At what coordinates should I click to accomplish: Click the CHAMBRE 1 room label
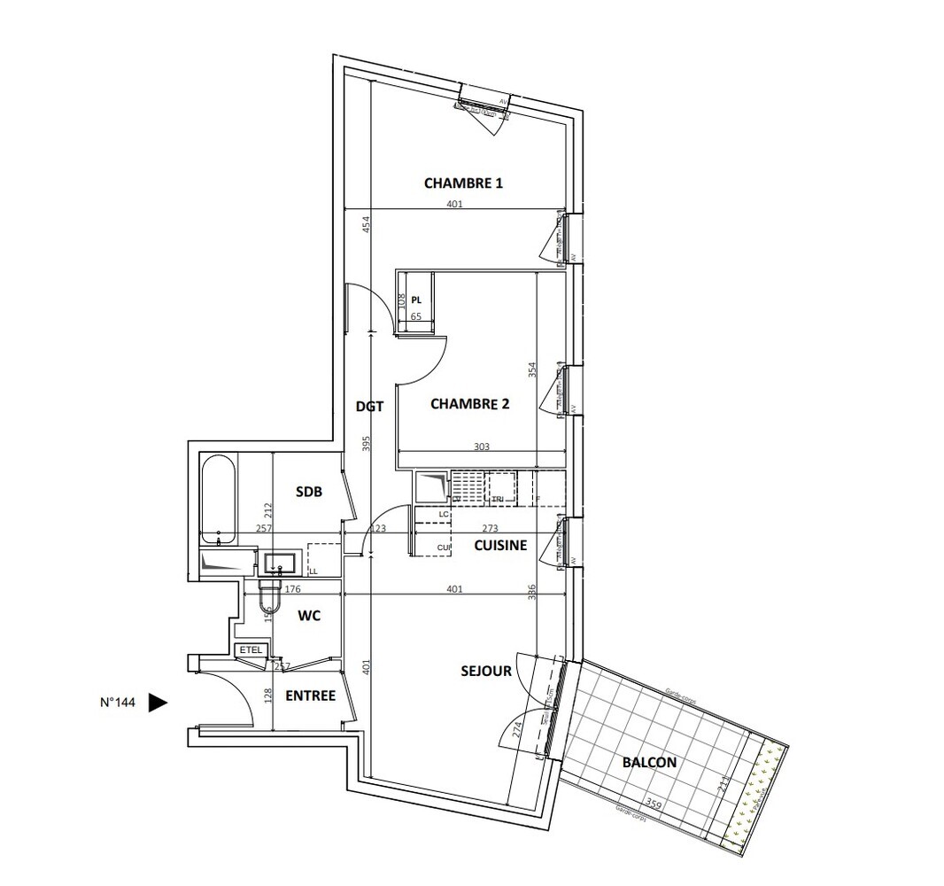click(x=463, y=183)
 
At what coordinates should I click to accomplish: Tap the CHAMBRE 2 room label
click(x=469, y=404)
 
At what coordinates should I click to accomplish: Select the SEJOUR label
click(x=485, y=672)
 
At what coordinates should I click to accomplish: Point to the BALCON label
click(x=648, y=762)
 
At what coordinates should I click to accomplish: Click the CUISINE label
click(x=500, y=546)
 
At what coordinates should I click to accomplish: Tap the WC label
click(x=307, y=614)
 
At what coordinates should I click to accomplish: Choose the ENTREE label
click(x=310, y=696)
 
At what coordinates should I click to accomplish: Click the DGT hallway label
click(x=369, y=407)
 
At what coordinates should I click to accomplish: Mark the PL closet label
click(x=416, y=299)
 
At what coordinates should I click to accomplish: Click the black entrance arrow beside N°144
click(x=158, y=703)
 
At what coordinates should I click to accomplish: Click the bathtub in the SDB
click(x=218, y=500)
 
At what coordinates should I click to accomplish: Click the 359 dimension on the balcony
click(x=654, y=804)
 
